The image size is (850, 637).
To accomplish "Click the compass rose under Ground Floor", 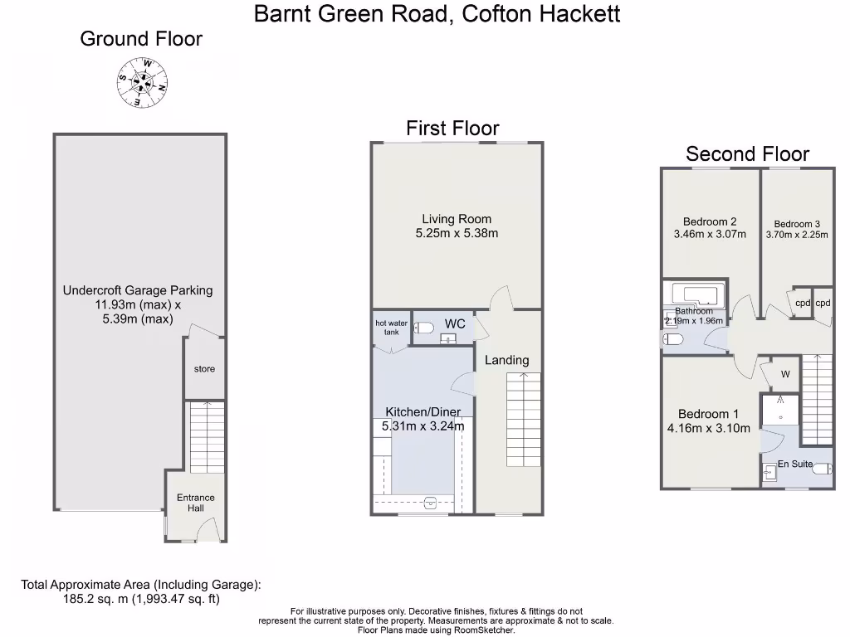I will point(142,82).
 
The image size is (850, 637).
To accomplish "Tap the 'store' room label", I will point(204,368).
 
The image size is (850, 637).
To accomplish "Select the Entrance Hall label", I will point(195,503).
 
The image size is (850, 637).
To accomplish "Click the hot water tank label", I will point(392,328).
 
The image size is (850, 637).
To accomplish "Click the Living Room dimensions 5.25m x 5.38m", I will point(457,234).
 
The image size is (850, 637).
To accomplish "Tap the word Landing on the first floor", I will point(506,360).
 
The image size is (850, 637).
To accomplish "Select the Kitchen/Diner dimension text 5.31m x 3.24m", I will point(423,426).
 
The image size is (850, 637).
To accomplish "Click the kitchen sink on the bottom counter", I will point(430,502).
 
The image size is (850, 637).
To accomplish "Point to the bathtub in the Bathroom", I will point(696,294).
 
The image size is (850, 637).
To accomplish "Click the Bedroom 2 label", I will point(710,221).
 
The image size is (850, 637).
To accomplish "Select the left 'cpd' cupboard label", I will point(802,304).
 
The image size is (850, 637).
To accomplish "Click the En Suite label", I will point(794,464).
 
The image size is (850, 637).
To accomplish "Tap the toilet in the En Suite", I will point(822,469).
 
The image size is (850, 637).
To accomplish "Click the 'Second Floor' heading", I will point(747,153).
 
